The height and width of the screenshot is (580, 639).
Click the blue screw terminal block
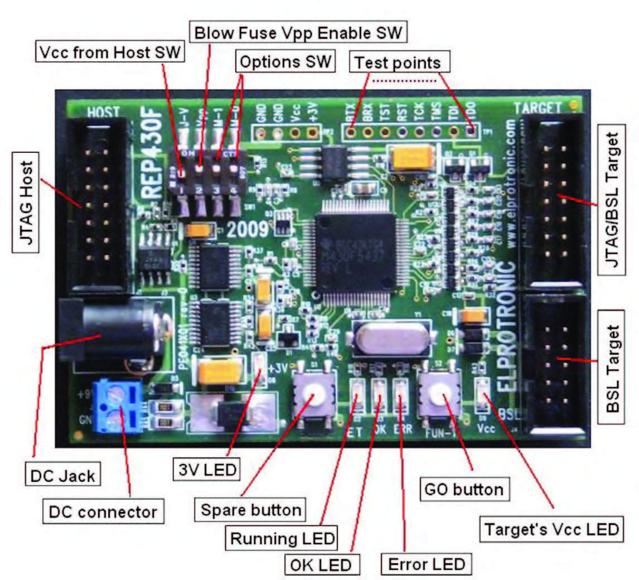click(118, 405)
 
